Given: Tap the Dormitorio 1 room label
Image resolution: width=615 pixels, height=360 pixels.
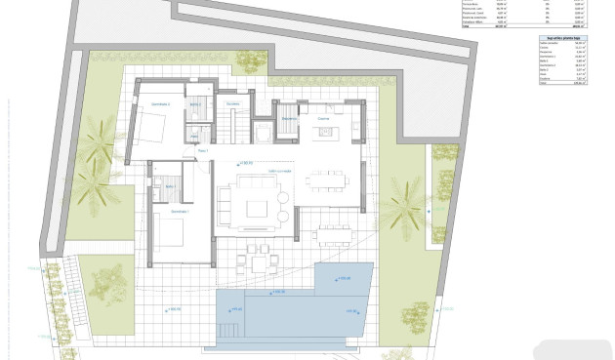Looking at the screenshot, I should pos(180,211).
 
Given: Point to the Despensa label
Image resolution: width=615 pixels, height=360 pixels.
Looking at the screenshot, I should pos(290,119).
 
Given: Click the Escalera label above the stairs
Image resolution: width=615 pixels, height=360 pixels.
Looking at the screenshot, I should pos(232,103).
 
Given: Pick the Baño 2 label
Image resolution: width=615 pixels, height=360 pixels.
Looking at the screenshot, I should pos(194,103).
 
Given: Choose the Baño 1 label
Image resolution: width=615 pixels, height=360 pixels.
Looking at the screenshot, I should pos(170,185).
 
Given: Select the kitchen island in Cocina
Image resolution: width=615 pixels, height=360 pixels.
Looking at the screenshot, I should pos(323,131).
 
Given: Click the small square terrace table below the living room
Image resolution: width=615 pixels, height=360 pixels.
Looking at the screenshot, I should pos(259,261).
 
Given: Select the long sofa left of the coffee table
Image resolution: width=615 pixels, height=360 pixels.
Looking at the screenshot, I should pos(225,207).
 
